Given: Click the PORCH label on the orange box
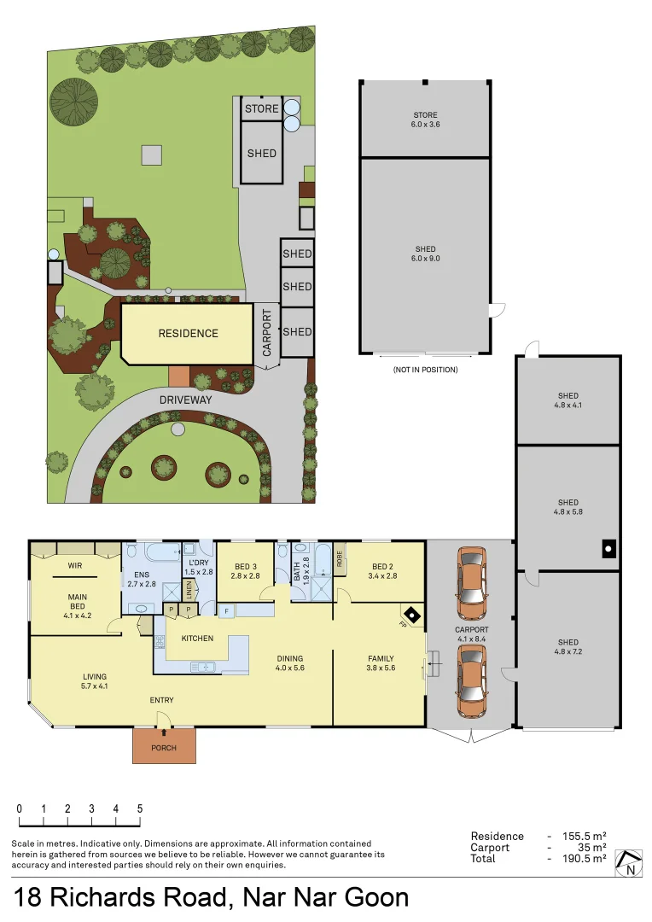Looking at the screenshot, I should [x=164, y=748].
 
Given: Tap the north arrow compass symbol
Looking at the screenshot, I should [x=630, y=863].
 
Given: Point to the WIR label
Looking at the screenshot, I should [x=74, y=565].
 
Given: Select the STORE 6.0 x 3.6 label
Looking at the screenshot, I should [x=426, y=119].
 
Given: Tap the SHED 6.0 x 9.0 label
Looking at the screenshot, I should [x=426, y=253].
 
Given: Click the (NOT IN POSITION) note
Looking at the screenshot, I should [x=425, y=370].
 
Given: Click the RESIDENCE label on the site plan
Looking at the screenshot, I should [x=188, y=334].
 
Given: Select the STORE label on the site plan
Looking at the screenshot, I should [x=262, y=109].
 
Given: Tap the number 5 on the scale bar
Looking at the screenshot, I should [x=139, y=808].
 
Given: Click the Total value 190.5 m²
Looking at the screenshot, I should [x=587, y=858].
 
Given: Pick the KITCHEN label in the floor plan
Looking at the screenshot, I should [x=197, y=639].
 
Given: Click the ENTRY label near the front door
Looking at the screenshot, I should [x=162, y=700].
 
